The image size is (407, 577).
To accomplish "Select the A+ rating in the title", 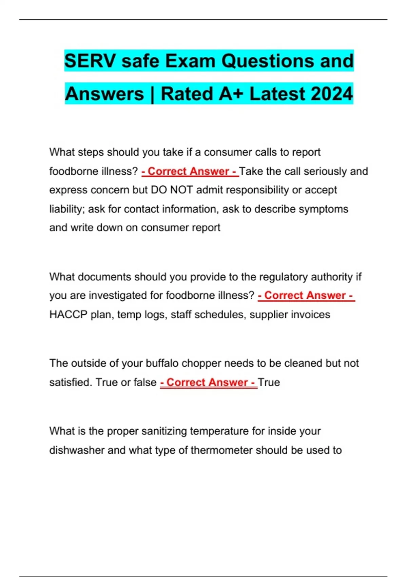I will click(231, 94).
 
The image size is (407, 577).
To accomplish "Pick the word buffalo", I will click(162, 363).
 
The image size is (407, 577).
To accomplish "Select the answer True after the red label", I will click(269, 382).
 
